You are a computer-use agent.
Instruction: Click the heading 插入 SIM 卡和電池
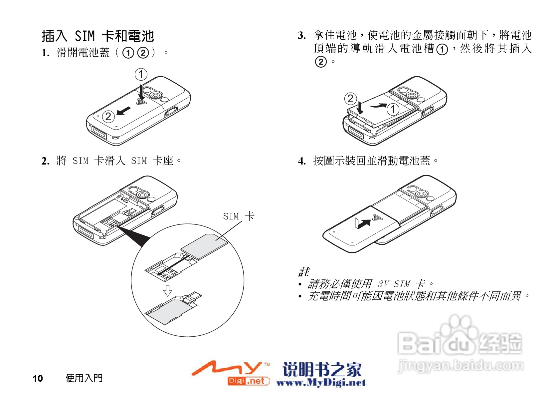tap(98, 36)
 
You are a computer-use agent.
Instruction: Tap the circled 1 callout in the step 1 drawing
tap(141, 74)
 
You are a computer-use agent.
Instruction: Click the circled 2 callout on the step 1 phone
tap(108, 117)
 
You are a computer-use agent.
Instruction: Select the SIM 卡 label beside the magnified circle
tap(239, 216)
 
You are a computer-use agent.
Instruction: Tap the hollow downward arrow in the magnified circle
tap(168, 290)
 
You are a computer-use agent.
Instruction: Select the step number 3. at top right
tap(302, 36)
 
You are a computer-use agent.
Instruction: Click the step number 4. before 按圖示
tap(302, 161)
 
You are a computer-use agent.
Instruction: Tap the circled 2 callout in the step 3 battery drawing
tap(350, 99)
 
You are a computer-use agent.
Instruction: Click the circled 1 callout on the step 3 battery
tap(393, 109)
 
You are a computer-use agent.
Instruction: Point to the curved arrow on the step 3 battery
tap(379, 106)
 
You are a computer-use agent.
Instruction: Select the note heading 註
tap(304, 272)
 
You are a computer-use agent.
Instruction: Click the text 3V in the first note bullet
tap(383, 284)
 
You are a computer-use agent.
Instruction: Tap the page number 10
tap(38, 378)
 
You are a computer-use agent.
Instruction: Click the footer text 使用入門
tap(84, 378)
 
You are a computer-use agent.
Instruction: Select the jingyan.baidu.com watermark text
tap(461, 366)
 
